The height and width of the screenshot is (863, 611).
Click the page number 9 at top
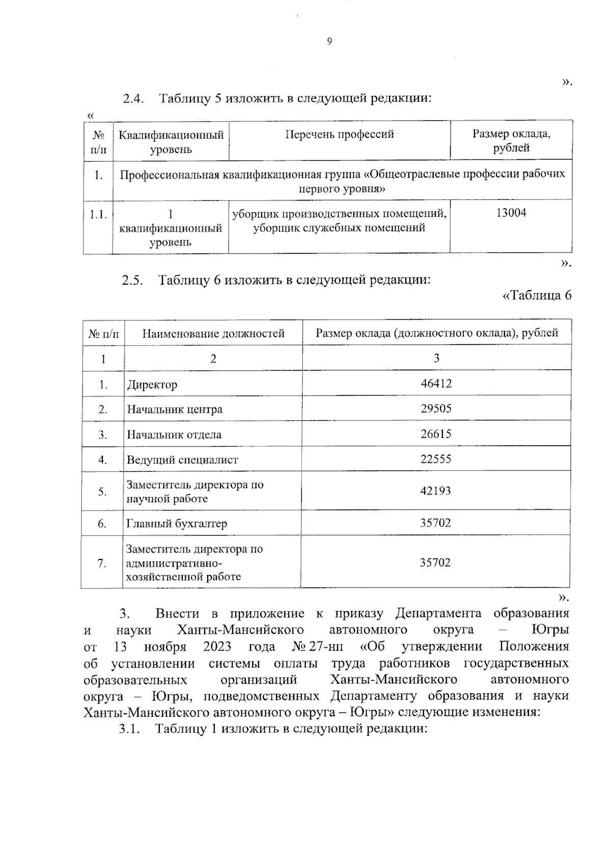point(329,42)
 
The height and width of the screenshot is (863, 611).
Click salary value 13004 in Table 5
point(511,213)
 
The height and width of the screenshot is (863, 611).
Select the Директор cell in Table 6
point(152,384)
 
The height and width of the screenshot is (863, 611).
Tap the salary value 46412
point(436,383)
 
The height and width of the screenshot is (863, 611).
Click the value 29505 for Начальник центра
point(436,409)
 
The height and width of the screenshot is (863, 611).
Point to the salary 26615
point(436,434)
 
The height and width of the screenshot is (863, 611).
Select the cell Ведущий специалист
point(182,460)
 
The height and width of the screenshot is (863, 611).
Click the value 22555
point(436,459)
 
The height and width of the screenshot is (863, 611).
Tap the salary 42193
point(436,491)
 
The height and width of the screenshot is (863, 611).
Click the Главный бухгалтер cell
point(177,523)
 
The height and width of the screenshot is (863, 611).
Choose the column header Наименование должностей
point(213,333)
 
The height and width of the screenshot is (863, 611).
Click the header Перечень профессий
point(339,134)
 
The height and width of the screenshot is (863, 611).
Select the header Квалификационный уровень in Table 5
point(171,142)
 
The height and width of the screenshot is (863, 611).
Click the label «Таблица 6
point(537,296)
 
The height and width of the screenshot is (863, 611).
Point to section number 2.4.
point(133,98)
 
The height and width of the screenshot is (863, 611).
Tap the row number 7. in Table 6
point(102,563)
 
